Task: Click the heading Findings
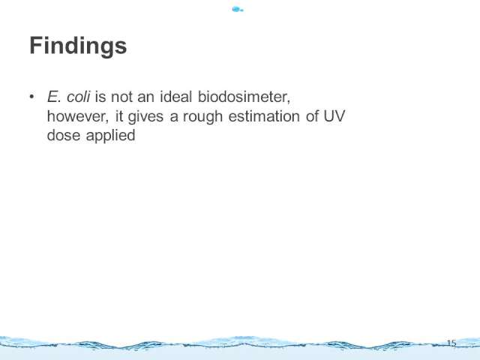click(78, 46)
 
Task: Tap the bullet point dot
click(31, 97)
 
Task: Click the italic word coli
click(78, 97)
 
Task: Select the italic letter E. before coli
click(54, 97)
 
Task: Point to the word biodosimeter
click(244, 97)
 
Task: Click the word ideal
click(176, 97)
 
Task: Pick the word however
click(78, 116)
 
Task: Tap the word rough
click(202, 117)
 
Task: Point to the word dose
click(64, 135)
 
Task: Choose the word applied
click(110, 136)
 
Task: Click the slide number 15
click(451, 343)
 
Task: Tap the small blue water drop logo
click(238, 10)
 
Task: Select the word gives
click(145, 117)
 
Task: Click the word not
click(121, 97)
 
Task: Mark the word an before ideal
click(145, 98)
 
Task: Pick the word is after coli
click(100, 97)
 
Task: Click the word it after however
click(119, 116)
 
